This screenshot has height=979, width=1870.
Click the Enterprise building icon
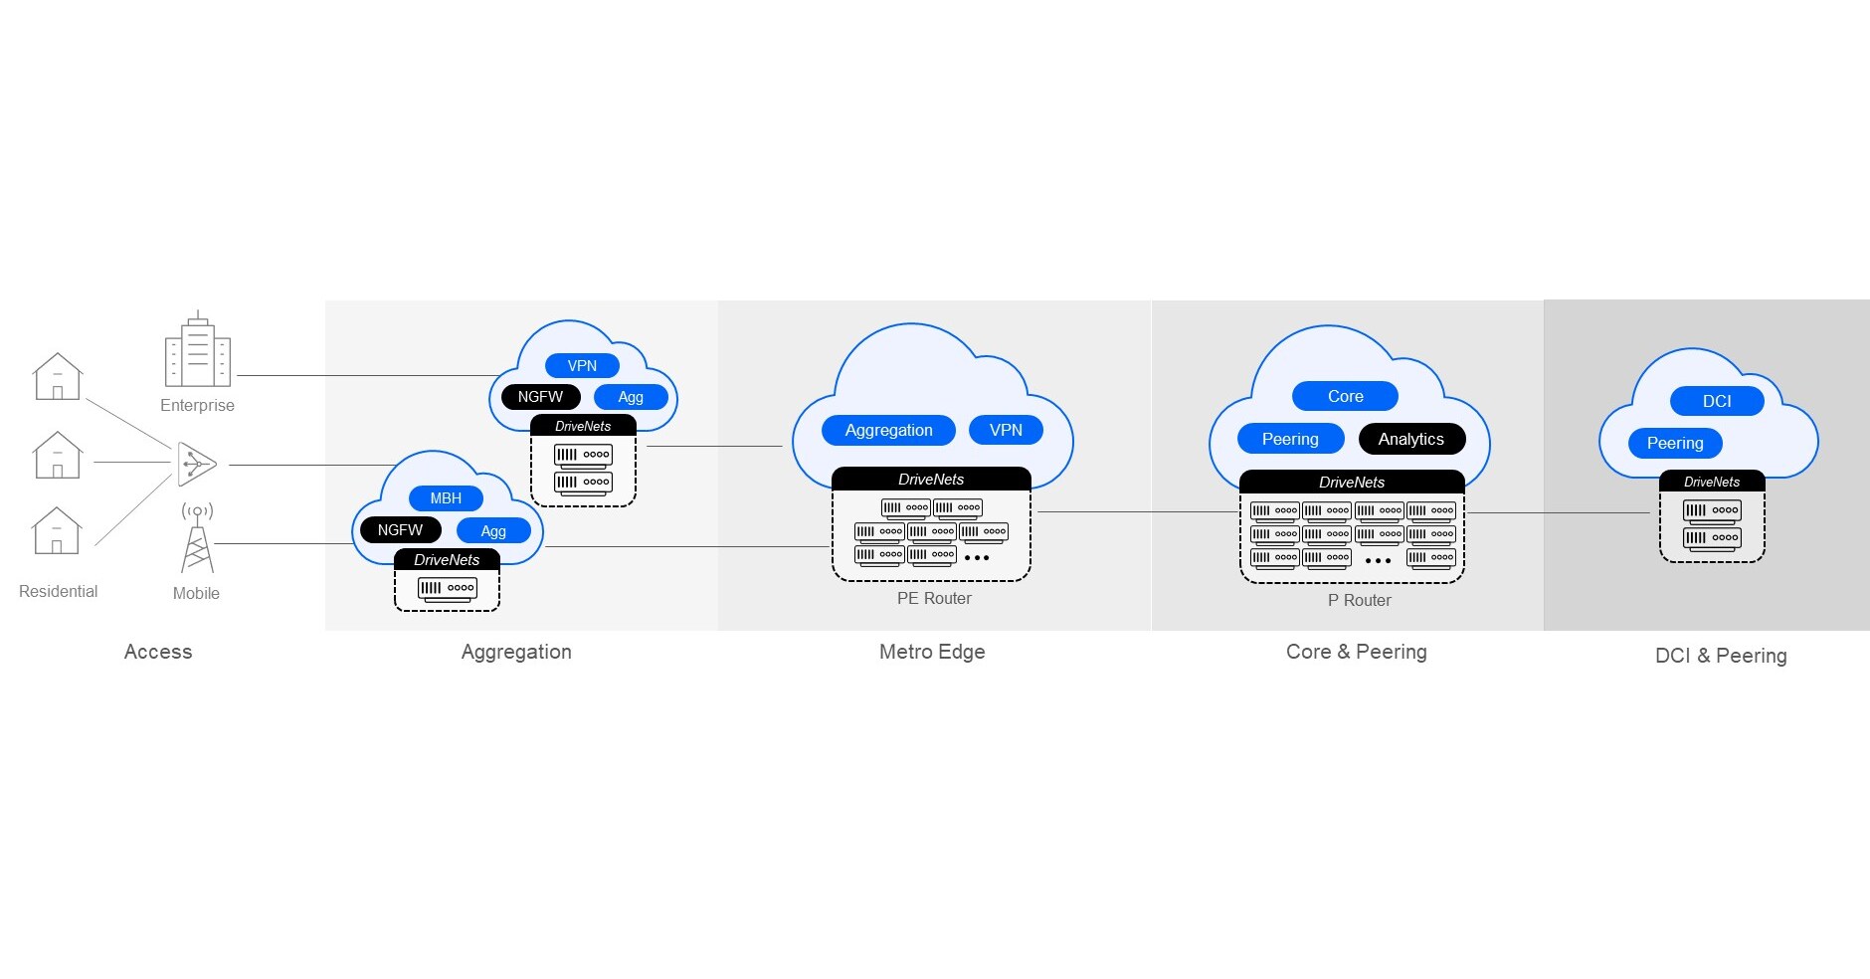[x=197, y=350]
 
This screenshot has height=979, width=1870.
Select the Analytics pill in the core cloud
[x=1411, y=439]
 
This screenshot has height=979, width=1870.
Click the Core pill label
[x=1345, y=396]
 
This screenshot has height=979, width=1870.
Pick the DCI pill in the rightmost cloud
[x=1717, y=401]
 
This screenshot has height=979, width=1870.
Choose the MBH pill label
[x=446, y=498]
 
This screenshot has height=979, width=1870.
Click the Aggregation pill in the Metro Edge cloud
[x=888, y=430]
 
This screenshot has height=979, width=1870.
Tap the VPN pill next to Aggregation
[x=1006, y=430]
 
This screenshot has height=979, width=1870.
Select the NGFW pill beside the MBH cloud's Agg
[x=400, y=530]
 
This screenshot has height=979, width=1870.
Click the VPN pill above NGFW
[x=582, y=366]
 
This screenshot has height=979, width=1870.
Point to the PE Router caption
[x=934, y=598]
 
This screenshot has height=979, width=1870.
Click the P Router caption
[x=1359, y=600]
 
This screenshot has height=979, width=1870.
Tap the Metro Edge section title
[x=932, y=652]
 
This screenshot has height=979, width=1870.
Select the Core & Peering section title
[x=1356, y=652]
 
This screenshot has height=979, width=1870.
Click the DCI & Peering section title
[x=1721, y=656]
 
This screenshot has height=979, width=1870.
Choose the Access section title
[x=158, y=652]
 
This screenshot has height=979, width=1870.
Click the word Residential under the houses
[x=59, y=591]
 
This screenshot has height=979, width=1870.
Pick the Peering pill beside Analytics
[x=1290, y=439]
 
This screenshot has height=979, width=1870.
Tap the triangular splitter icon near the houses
[x=197, y=464]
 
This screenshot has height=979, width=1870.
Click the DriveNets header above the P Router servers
[x=1352, y=482]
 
